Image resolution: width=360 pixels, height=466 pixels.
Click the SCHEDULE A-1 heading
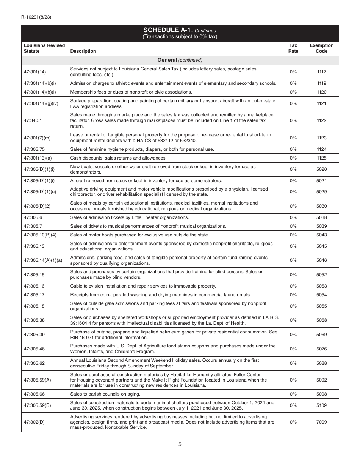click(180, 30)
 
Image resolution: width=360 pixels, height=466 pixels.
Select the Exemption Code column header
click(321, 48)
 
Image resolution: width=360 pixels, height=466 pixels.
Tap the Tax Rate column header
click(293, 48)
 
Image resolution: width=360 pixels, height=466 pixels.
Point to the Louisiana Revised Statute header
click(44, 48)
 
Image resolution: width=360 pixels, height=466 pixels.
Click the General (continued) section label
click(180, 60)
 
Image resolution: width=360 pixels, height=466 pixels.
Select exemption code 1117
click(321, 72)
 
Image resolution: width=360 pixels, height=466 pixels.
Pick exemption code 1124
click(321, 149)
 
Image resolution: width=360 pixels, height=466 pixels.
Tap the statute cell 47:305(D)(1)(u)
click(40, 192)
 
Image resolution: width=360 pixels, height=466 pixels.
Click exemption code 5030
click(321, 206)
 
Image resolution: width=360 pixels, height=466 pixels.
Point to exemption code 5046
click(321, 260)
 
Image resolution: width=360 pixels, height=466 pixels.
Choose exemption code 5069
click(321, 335)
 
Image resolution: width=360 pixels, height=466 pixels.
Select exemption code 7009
click(321, 422)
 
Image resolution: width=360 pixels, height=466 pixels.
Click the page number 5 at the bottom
click(180, 444)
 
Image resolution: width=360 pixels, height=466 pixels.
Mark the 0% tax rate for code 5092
click(293, 380)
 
